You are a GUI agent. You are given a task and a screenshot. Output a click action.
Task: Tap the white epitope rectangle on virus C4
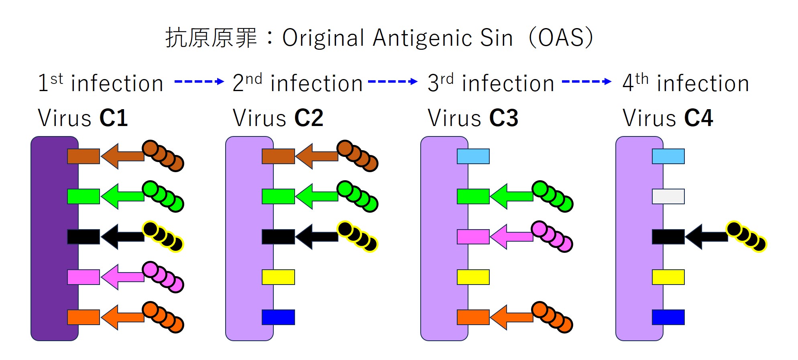(668, 197)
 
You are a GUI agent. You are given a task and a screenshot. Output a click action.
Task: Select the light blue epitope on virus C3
(473, 156)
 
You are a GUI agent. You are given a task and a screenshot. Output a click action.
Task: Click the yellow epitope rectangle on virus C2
(278, 277)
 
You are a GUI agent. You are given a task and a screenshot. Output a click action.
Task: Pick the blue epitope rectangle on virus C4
(668, 317)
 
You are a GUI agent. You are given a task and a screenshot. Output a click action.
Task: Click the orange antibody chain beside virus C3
(552, 317)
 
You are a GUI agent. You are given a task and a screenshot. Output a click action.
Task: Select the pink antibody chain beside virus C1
(163, 277)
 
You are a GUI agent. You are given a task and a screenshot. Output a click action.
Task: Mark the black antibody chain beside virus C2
(358, 236)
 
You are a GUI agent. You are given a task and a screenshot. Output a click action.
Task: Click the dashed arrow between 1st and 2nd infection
(199, 81)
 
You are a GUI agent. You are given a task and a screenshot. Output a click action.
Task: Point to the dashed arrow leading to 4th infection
(586, 81)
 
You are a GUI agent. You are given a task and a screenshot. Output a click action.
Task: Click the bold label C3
(504, 118)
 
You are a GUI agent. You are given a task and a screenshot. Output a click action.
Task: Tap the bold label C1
(114, 118)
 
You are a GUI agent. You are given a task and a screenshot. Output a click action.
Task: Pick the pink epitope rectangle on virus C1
(83, 277)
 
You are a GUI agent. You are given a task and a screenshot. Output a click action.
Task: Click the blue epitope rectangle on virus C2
(278, 317)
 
